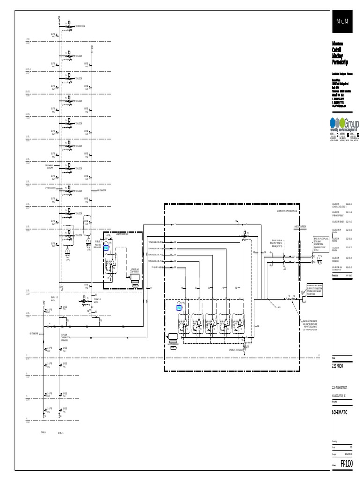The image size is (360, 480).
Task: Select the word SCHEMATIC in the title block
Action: click(x=340, y=412)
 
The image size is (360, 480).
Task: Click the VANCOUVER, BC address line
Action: click(x=339, y=395)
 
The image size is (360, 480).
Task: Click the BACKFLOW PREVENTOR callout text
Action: click(x=306, y=323)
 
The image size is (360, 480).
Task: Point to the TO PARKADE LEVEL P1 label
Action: click(x=155, y=242)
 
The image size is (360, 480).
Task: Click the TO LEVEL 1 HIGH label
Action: click(x=157, y=267)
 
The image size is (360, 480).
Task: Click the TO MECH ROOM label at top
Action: click(x=80, y=26)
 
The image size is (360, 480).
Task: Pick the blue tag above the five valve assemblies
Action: click(x=179, y=307)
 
